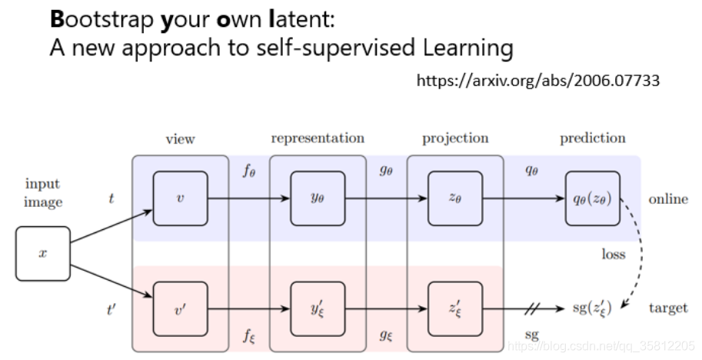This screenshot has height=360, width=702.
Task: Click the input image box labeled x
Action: (x=43, y=254)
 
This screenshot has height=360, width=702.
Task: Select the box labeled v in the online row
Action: (x=181, y=198)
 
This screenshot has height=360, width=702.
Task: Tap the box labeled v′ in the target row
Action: (x=181, y=309)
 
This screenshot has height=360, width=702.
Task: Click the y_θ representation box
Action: (x=318, y=198)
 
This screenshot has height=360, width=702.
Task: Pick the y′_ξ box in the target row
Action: (x=318, y=309)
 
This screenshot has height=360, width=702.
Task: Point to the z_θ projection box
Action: (x=455, y=198)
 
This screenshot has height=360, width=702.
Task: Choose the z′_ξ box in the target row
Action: (x=455, y=309)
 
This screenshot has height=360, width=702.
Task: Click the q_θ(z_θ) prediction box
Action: (x=593, y=198)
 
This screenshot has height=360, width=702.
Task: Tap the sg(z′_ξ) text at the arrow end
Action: (x=592, y=308)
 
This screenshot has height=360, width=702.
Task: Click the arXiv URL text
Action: (x=538, y=81)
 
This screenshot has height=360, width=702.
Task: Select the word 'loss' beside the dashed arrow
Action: (x=614, y=254)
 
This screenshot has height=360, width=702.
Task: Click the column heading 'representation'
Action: (x=318, y=138)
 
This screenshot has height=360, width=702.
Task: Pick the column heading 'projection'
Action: (x=455, y=138)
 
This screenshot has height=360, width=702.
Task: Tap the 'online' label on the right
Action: (x=668, y=198)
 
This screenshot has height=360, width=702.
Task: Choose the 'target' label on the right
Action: (x=668, y=308)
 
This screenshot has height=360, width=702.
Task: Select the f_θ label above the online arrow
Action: (x=249, y=171)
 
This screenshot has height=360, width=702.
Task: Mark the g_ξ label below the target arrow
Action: (x=386, y=335)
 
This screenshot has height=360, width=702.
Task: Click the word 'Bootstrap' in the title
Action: (x=101, y=20)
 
